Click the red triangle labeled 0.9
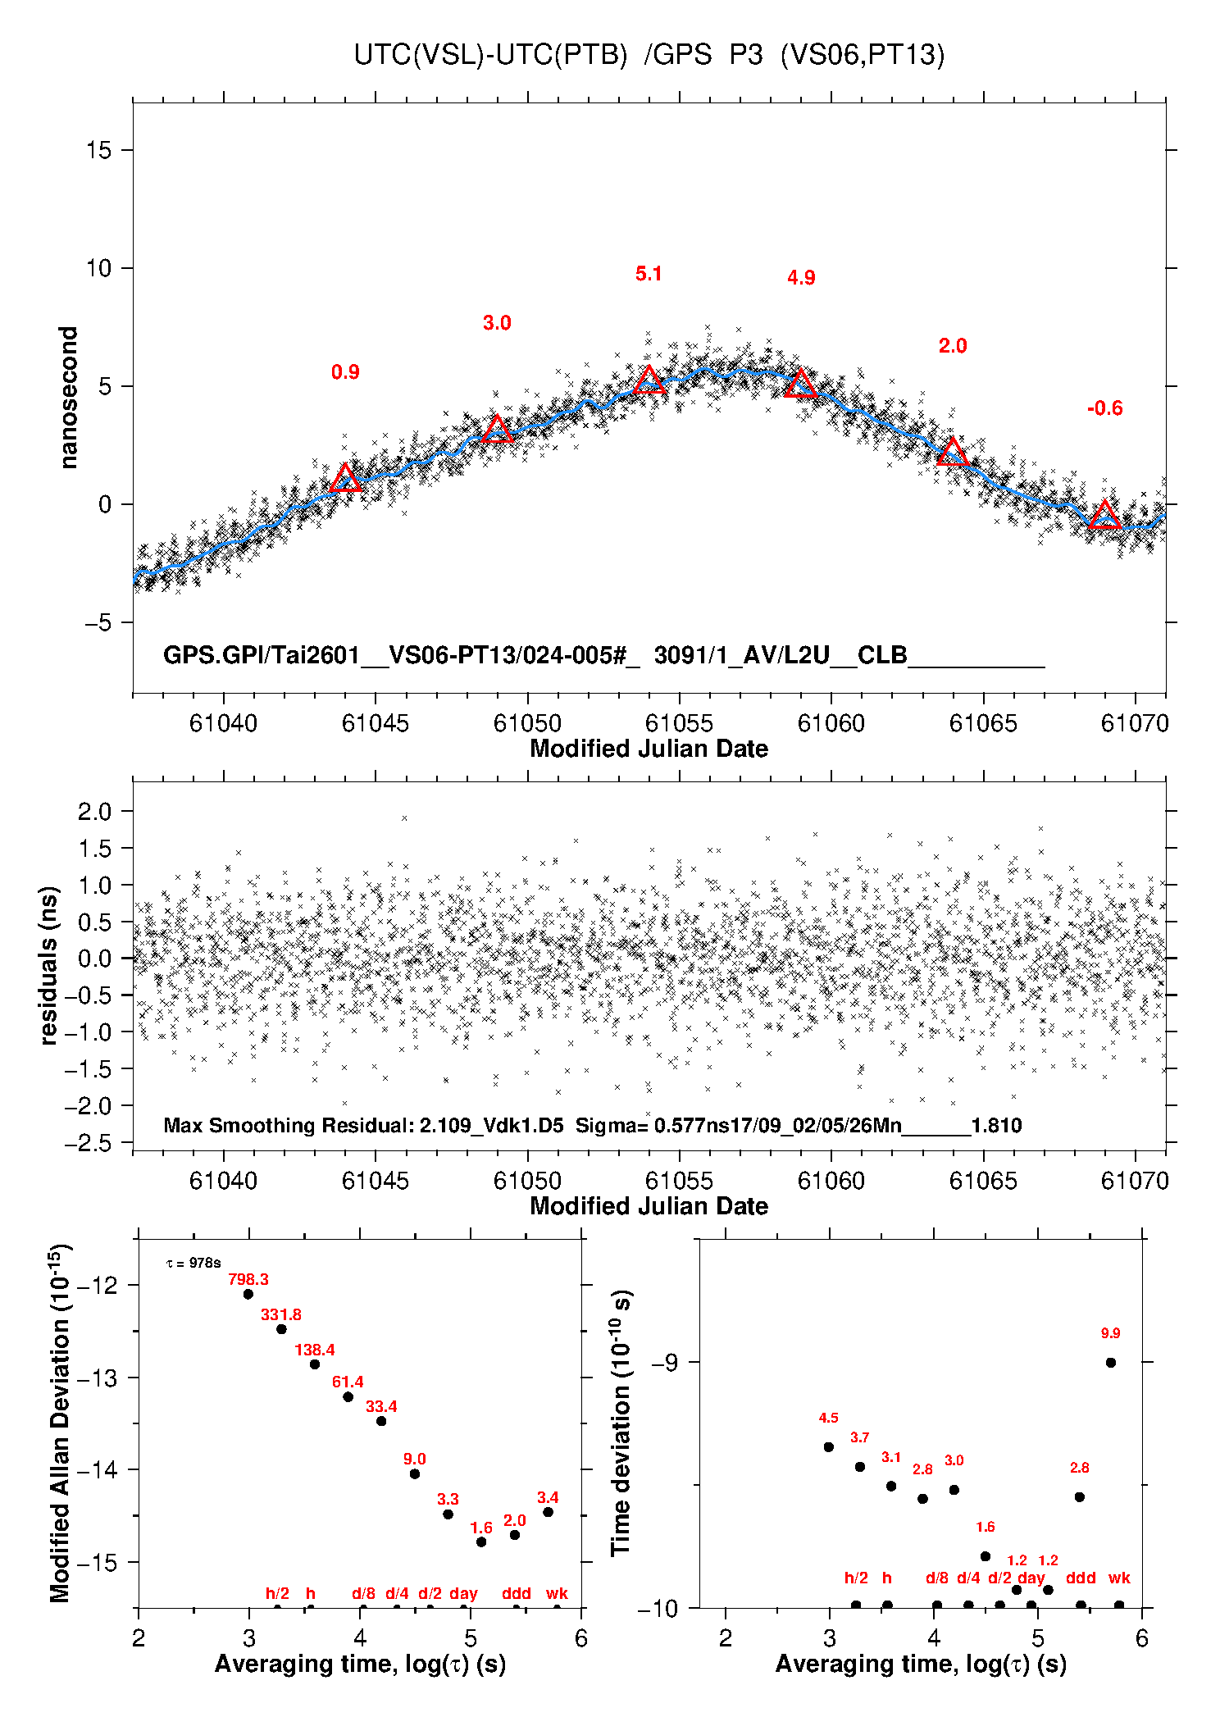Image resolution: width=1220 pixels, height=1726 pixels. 346,479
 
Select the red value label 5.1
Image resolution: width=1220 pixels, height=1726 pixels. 649,274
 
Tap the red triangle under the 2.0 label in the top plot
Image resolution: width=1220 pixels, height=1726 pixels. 953,452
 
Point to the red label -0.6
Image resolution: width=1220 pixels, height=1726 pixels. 1104,408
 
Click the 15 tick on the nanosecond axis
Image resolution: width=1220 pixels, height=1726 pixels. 98,150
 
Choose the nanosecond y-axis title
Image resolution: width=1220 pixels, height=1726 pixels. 69,398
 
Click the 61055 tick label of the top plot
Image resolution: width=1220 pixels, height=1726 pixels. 679,723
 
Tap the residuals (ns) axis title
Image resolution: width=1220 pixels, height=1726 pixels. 49,965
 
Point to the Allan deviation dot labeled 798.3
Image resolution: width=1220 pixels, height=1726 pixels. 248,1294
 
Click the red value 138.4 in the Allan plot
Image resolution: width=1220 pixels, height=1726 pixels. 315,1350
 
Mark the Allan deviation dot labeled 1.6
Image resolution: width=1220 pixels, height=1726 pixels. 481,1542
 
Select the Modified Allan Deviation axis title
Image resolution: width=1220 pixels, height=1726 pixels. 59,1423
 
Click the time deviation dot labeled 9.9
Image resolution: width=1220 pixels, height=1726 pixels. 1111,1363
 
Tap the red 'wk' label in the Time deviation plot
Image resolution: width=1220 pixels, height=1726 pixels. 1119,1578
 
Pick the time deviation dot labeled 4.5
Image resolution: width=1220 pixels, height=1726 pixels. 829,1447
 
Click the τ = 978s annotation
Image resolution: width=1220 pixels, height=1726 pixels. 193,1264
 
